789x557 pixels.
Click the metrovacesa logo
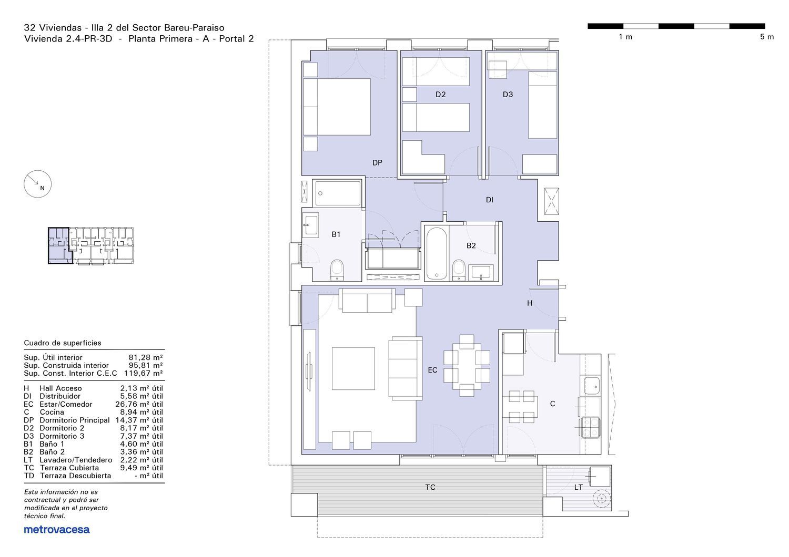tap(57, 530)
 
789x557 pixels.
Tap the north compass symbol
tap(38, 184)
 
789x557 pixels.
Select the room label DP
tap(377, 162)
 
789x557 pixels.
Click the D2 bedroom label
tap(441, 94)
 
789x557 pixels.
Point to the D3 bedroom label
tap(508, 94)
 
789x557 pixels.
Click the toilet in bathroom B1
tap(337, 270)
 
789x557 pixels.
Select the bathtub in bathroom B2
tap(437, 253)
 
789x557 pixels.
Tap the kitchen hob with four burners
tap(590, 428)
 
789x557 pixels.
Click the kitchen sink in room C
tap(592, 386)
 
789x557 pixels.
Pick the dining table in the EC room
tap(467, 366)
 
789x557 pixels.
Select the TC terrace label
tap(430, 487)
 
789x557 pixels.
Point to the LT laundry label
tap(579, 487)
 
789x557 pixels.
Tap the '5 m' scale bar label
tap(767, 37)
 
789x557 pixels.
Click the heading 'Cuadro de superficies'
tap(63, 343)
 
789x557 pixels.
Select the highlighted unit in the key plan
tap(59, 245)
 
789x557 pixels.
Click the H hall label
tap(530, 303)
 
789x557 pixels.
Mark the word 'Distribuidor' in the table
tap(60, 396)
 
